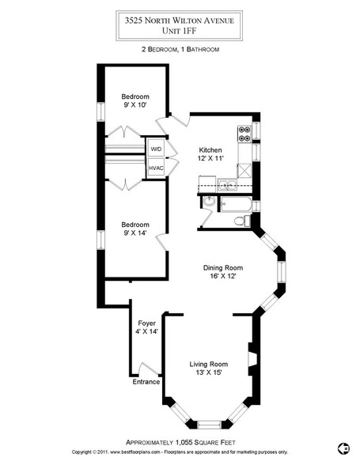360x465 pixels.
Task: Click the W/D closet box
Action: pyautogui.click(x=156, y=148)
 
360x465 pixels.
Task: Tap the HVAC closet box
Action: pyautogui.click(x=156, y=168)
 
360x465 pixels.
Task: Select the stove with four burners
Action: pyautogui.click(x=244, y=134)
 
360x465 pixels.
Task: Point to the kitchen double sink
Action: pyautogui.click(x=227, y=185)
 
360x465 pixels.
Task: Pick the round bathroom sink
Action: pyautogui.click(x=209, y=202)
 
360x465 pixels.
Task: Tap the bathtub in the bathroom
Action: pyautogui.click(x=236, y=204)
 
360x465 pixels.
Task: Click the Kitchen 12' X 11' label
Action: pyautogui.click(x=210, y=154)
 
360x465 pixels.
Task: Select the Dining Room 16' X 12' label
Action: pyautogui.click(x=223, y=272)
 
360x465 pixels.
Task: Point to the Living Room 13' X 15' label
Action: pyautogui.click(x=209, y=368)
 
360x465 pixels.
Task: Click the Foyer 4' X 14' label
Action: pyautogui.click(x=146, y=327)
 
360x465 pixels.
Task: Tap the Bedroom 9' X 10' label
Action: pyautogui.click(x=135, y=100)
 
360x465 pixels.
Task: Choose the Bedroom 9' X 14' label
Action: pyautogui.click(x=135, y=229)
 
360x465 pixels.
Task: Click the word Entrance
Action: pyautogui.click(x=146, y=382)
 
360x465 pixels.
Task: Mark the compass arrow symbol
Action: pyautogui.click(x=343, y=448)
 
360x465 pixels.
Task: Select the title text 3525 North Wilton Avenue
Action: pyautogui.click(x=180, y=21)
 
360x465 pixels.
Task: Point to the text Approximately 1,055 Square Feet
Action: pyautogui.click(x=180, y=443)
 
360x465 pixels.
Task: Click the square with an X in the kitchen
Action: pyautogui.click(x=244, y=171)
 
